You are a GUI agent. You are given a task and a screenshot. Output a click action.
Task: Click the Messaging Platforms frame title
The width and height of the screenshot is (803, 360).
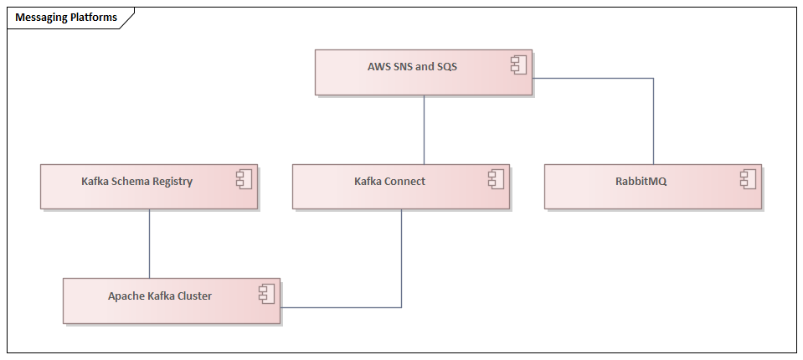coord(66,18)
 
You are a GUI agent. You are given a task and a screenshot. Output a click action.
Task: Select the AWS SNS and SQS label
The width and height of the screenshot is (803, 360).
coord(412,66)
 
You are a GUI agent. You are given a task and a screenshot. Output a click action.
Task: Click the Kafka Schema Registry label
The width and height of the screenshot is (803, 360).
coord(136,181)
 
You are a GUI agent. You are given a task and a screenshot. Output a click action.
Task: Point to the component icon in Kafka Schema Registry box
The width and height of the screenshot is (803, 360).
coord(244,178)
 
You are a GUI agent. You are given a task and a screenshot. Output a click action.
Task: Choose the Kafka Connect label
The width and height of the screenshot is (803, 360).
coord(389,181)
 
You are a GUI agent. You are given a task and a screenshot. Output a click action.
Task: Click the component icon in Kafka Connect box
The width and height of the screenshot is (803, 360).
coord(496,178)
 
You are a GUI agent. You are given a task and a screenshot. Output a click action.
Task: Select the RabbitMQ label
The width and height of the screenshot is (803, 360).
coord(641,181)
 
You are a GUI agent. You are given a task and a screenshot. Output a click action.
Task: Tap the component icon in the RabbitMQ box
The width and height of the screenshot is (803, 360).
coord(748,178)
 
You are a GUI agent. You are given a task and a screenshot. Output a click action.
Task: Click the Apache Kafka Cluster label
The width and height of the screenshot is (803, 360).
coord(160,296)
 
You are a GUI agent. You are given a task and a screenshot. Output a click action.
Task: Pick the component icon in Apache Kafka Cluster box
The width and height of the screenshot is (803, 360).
coord(266,293)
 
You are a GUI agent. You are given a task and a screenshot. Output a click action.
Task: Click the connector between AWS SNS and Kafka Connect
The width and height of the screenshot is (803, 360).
coord(424,130)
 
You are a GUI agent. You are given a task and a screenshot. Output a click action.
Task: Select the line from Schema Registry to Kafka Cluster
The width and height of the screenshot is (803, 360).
coord(149,243)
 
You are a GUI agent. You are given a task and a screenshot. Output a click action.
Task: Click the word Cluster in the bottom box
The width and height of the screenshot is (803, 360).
coord(193,296)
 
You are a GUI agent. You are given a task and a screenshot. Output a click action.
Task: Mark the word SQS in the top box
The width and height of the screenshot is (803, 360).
coord(447,66)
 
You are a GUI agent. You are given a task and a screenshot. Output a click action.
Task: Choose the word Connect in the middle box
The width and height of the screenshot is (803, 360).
coord(405,181)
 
